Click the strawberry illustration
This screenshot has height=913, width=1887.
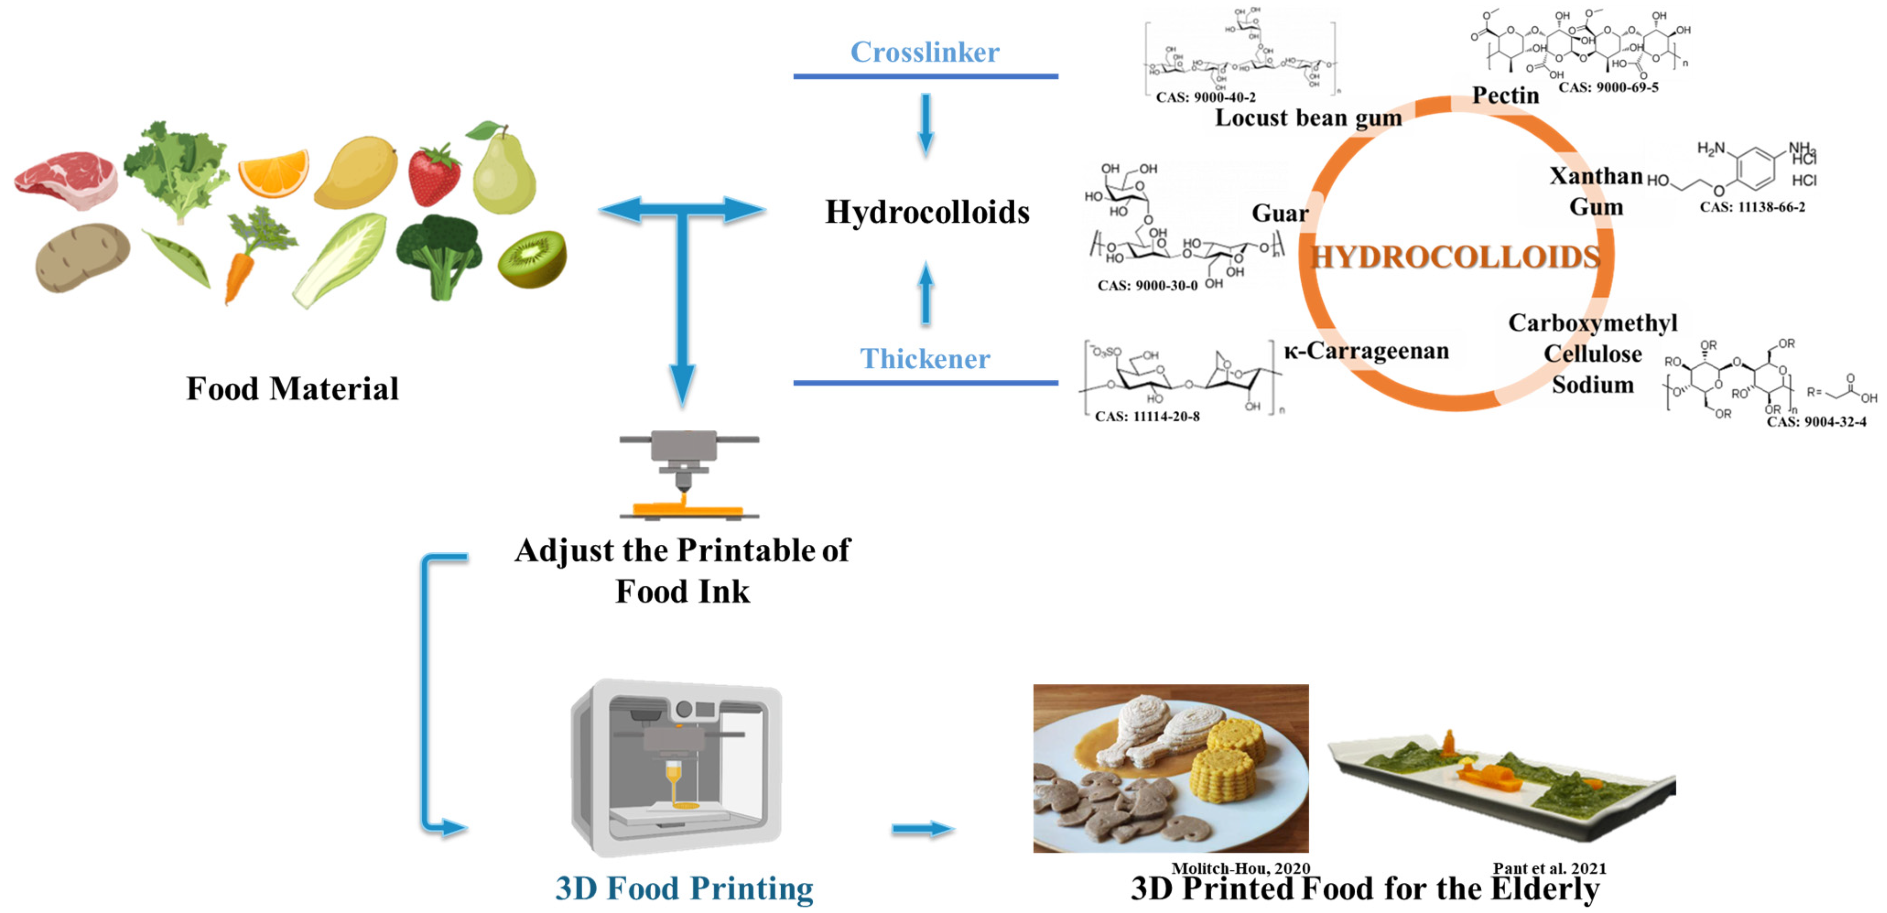(434, 176)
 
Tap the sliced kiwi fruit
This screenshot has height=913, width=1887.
(533, 259)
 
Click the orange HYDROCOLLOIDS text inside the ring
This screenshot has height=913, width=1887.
(1455, 257)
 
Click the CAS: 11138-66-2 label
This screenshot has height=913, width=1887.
(1752, 207)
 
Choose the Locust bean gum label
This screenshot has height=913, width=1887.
(1308, 118)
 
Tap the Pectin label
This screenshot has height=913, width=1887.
(1505, 95)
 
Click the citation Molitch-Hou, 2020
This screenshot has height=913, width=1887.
(1240, 868)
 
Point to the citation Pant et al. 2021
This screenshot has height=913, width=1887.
(1549, 868)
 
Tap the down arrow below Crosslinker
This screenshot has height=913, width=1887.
(926, 125)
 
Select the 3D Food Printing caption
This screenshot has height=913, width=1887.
(684, 888)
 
